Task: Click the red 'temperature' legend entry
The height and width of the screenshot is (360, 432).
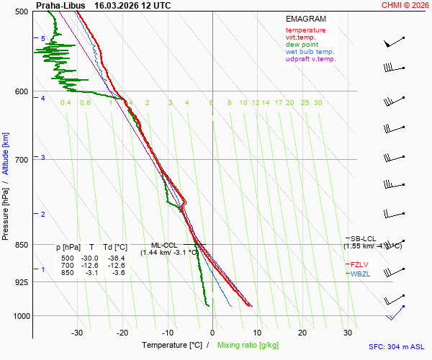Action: pyautogui.click(x=305, y=30)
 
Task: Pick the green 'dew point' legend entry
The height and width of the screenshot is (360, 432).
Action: pyautogui.click(x=302, y=45)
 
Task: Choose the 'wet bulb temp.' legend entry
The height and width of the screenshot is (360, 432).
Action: pyautogui.click(x=310, y=52)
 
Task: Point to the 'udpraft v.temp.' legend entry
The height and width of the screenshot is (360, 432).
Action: pyautogui.click(x=310, y=59)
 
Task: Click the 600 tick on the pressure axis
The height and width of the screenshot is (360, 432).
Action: pyautogui.click(x=22, y=91)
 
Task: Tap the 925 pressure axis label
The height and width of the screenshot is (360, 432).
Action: pyautogui.click(x=22, y=282)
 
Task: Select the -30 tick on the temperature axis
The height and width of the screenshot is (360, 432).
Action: pyautogui.click(x=77, y=333)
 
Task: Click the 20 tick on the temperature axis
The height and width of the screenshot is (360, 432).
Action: pyautogui.click(x=302, y=333)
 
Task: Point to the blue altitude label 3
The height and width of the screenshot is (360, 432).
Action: pyautogui.click(x=43, y=157)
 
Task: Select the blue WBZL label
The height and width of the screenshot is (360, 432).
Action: pyautogui.click(x=360, y=274)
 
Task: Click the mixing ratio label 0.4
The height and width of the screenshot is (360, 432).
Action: pyautogui.click(x=66, y=103)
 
